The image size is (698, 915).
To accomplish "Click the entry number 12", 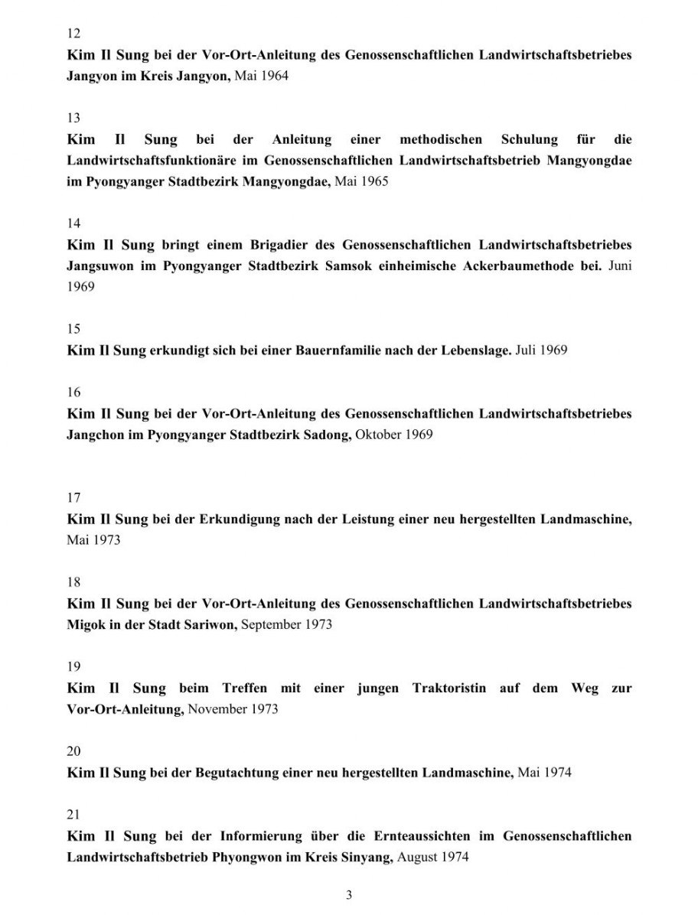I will coord(73,34).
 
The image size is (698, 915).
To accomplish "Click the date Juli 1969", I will coord(541,351).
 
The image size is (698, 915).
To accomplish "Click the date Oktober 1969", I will coord(394,435).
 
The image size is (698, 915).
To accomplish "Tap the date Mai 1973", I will coord(94,540).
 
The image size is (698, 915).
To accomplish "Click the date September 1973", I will coord(287,624).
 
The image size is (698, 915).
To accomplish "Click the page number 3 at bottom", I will coord(349,894).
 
